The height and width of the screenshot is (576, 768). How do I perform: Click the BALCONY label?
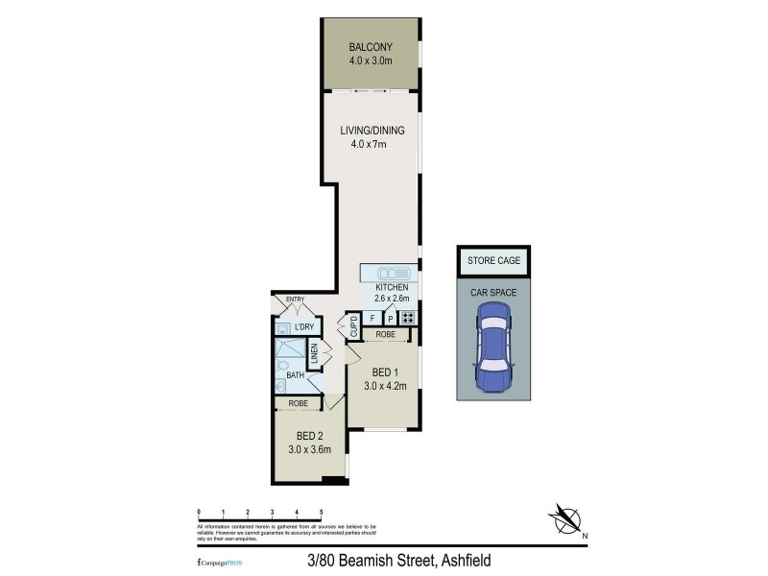pyautogui.click(x=371, y=47)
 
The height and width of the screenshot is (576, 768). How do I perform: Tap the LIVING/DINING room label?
pyautogui.click(x=371, y=131)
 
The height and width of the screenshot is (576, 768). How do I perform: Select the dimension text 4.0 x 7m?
pyautogui.click(x=368, y=145)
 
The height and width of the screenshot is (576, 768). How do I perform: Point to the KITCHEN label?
pyautogui.click(x=392, y=287)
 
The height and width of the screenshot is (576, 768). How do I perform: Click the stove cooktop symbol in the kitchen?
pyautogui.click(x=409, y=318)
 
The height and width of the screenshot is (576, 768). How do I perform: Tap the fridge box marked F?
pyautogui.click(x=372, y=318)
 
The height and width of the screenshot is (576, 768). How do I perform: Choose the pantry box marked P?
pyautogui.click(x=391, y=318)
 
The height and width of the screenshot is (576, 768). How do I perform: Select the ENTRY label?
pyautogui.click(x=296, y=300)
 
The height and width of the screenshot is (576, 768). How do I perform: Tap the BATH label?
pyautogui.click(x=295, y=375)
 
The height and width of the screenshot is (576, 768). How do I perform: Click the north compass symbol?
pyautogui.click(x=567, y=519)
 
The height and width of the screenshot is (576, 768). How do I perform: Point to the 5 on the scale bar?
pyautogui.click(x=321, y=512)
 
